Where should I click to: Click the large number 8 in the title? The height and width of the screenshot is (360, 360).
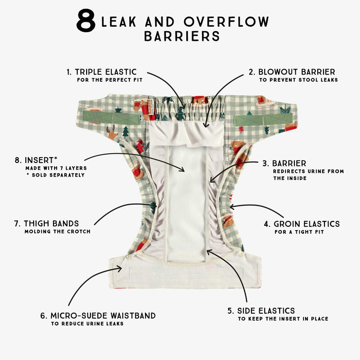tap(86, 20)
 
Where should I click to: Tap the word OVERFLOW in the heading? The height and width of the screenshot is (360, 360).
tap(226, 21)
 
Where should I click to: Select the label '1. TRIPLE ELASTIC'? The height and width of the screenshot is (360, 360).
tap(102, 72)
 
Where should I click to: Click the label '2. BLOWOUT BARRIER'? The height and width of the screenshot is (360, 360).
tap(292, 72)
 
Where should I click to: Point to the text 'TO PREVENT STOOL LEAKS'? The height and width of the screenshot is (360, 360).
tap(299, 80)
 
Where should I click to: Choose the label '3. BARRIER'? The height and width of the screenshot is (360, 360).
tap(284, 163)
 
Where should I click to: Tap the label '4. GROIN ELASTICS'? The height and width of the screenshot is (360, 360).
tap(302, 224)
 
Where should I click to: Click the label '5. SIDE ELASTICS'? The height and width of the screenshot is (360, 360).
tap(261, 311)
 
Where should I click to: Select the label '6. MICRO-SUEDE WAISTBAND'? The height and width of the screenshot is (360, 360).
tap(98, 316)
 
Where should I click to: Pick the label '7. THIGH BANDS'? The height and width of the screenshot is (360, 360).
tap(46, 223)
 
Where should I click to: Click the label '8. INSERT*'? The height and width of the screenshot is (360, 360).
tap(36, 160)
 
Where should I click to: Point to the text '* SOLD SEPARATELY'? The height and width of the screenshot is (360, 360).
tap(55, 175)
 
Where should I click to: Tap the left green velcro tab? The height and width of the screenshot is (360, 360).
tap(111, 118)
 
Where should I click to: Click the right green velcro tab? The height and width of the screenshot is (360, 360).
tap(264, 120)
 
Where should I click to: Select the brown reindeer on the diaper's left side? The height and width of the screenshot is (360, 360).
tap(112, 132)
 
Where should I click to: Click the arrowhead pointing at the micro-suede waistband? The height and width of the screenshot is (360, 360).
tap(119, 269)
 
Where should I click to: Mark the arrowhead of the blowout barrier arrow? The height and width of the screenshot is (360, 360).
tap(206, 125)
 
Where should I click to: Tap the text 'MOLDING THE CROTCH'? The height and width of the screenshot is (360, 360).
tap(57, 232)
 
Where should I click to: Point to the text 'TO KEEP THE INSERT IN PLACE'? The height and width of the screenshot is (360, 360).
tap(283, 319)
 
